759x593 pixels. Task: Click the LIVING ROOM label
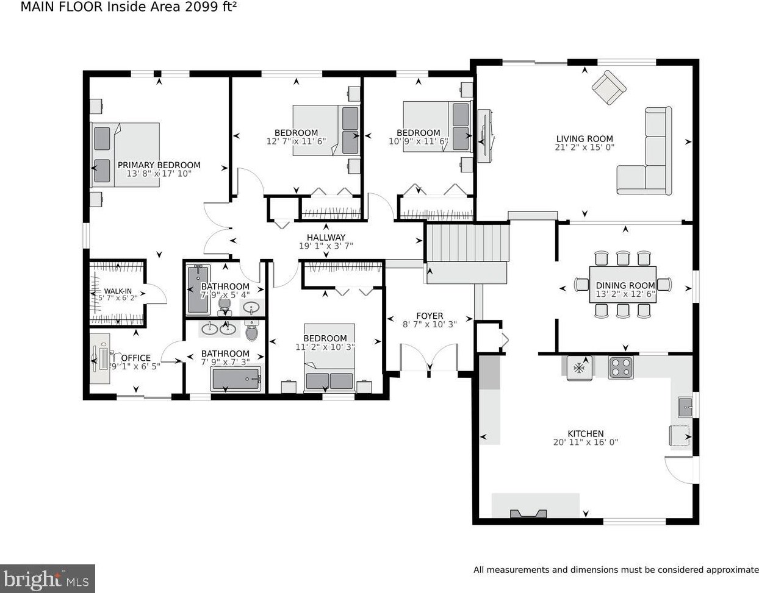pos(585,139)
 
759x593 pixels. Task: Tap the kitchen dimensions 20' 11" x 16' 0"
pos(586,442)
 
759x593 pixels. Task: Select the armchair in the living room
pos(609,88)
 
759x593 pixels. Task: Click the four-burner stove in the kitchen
pos(621,368)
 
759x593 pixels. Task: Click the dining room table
pos(623,285)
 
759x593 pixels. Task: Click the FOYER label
pos(430,316)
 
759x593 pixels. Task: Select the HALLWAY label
pos(326,237)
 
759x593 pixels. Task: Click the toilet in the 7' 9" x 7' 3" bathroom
pos(251,331)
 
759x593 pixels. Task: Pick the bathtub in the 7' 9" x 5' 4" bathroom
pos(199,289)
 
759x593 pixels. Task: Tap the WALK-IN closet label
pos(118,291)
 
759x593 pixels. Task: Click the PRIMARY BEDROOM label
pos(159,165)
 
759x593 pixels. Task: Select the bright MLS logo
pos(47,579)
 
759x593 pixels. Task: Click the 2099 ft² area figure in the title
pos(210,7)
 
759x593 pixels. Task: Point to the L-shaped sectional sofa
pos(644,151)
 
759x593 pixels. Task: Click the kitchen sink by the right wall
pos(685,407)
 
